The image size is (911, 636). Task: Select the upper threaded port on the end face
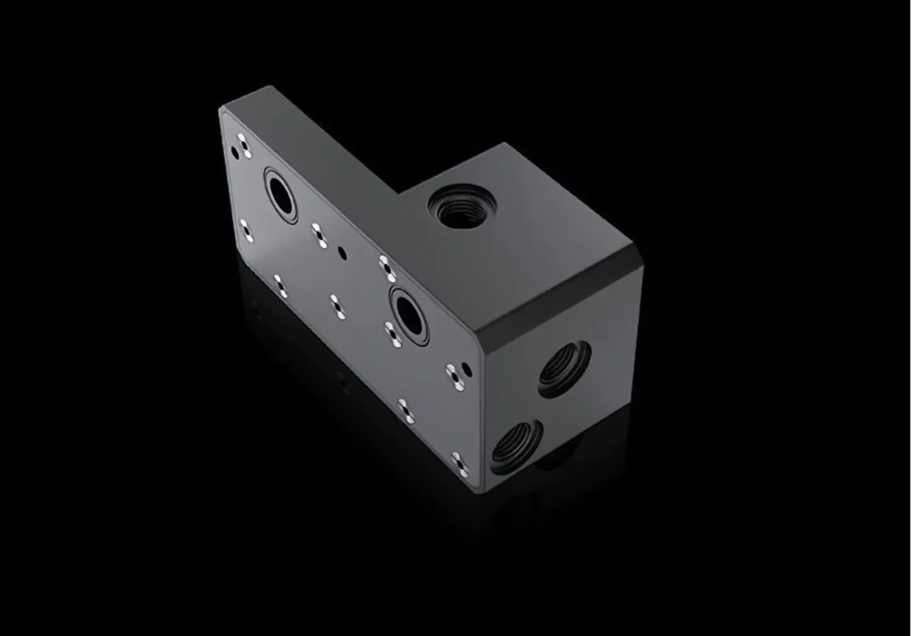pos(565,369)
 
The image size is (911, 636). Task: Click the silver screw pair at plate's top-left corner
pos(242,145)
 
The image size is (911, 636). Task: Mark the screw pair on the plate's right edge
pos(455,375)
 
